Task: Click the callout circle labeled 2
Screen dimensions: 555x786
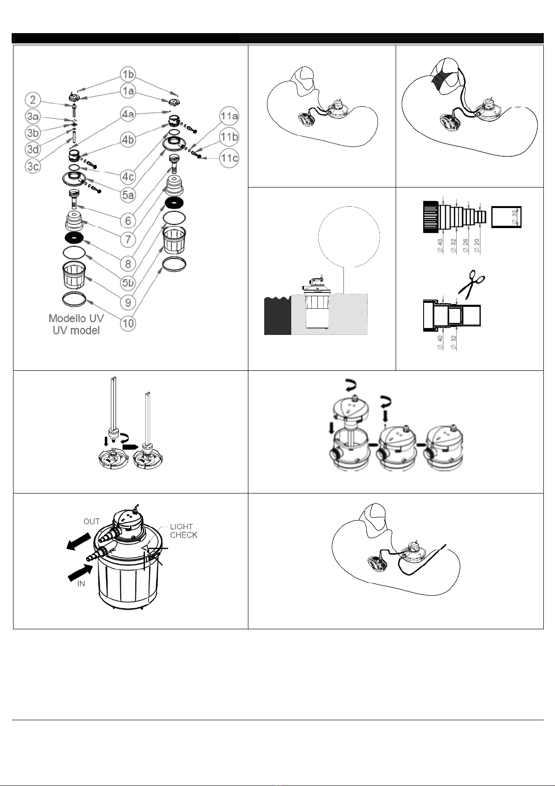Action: click(x=33, y=100)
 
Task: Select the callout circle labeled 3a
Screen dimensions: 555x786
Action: click(x=33, y=116)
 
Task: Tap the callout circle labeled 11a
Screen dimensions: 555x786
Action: click(x=229, y=116)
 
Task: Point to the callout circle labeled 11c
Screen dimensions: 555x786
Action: click(x=229, y=158)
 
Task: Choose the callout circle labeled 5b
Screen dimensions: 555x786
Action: click(x=128, y=283)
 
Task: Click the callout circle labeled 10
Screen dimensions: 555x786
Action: click(x=128, y=323)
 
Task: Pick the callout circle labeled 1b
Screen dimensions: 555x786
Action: click(x=128, y=74)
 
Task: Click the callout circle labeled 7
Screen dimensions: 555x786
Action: click(x=128, y=240)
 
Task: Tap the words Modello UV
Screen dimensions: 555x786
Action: click(x=76, y=318)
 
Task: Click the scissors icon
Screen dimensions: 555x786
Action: click(x=472, y=284)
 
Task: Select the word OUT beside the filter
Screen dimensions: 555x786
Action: click(x=91, y=522)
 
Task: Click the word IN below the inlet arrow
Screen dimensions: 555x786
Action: click(x=81, y=584)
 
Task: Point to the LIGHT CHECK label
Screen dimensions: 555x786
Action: click(x=184, y=531)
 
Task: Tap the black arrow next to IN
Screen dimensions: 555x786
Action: click(x=80, y=571)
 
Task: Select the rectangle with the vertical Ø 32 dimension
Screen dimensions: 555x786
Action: click(x=506, y=217)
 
